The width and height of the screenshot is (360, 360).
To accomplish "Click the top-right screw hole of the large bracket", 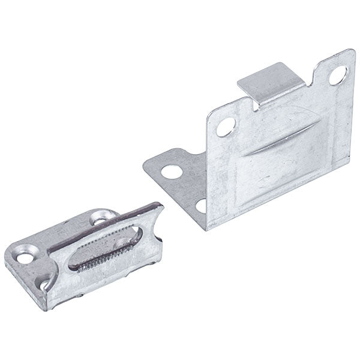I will (338, 74).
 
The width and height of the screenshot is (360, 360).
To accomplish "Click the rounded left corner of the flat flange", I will (147, 167).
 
